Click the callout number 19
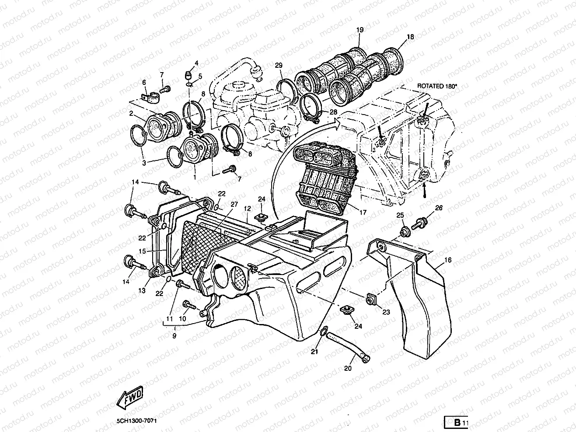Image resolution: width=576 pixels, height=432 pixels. point(360,30)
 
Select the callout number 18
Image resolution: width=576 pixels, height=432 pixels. point(410,37)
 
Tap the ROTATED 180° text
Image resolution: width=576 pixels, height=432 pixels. point(436,86)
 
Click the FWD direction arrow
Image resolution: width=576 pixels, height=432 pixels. point(130,397)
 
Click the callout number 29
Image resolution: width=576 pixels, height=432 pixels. point(279,65)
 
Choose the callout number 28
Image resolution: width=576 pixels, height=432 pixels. point(333,112)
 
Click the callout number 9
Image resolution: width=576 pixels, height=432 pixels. point(174,336)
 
